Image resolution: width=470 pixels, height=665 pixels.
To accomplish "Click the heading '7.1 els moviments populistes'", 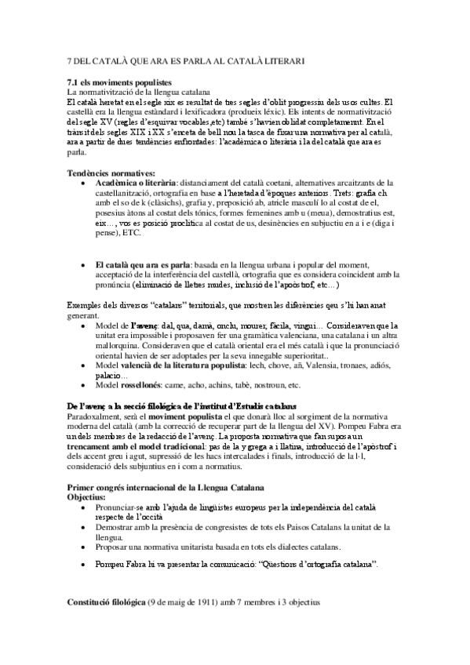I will tap(120, 83).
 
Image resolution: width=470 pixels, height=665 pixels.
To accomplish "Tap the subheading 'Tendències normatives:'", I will tap(111, 173).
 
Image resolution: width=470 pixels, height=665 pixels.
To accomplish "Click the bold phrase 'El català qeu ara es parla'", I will tap(144, 266).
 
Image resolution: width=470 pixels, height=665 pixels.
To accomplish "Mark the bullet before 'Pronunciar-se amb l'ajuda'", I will tap(84, 508).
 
